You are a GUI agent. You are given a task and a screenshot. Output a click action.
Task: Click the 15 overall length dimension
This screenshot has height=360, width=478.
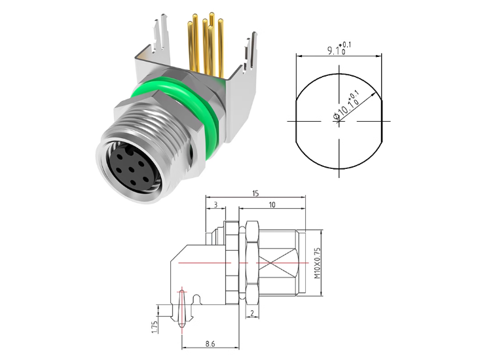tap(255, 193)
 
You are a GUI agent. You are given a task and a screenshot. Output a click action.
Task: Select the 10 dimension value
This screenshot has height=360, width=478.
tap(272, 204)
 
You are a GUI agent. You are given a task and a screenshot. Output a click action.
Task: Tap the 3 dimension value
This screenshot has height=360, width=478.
tap(215, 204)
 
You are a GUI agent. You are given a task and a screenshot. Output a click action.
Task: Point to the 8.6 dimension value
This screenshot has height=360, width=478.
tap(210, 344)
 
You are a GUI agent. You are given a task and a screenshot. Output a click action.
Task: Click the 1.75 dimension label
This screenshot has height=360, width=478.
tap(155, 327)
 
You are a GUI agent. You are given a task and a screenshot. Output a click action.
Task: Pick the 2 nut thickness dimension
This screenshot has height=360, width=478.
tap(252, 313)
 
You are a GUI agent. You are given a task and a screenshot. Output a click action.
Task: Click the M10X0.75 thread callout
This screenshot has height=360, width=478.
tap(318, 262)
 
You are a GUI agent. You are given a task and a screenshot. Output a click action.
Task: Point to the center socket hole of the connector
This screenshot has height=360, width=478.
tap(131, 169)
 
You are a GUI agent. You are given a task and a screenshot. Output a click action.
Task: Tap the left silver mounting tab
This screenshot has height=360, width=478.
tap(160, 33)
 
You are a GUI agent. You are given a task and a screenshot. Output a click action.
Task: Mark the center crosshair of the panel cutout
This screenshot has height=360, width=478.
tap(339, 121)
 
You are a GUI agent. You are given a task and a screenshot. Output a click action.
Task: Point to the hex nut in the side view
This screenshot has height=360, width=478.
tap(252, 262)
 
